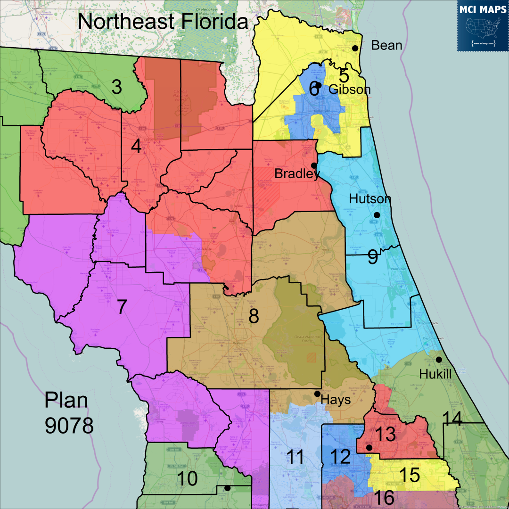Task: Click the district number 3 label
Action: click(x=116, y=87)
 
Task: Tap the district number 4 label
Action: click(x=136, y=148)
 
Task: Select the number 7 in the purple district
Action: click(x=122, y=307)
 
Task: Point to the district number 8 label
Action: click(x=254, y=316)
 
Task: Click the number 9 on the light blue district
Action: click(x=372, y=257)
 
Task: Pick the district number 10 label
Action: click(x=187, y=479)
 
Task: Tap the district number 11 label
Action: click(x=296, y=458)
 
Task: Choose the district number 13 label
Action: click(x=386, y=435)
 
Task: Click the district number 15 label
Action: click(x=409, y=475)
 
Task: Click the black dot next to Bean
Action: click(x=355, y=48)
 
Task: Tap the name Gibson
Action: click(x=350, y=90)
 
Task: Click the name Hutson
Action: click(x=370, y=199)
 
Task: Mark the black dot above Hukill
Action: click(x=439, y=360)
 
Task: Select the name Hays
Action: click(x=336, y=400)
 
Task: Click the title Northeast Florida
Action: click(x=163, y=22)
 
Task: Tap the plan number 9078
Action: click(x=69, y=426)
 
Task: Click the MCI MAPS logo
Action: click(x=483, y=25)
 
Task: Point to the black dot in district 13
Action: click(x=369, y=447)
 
